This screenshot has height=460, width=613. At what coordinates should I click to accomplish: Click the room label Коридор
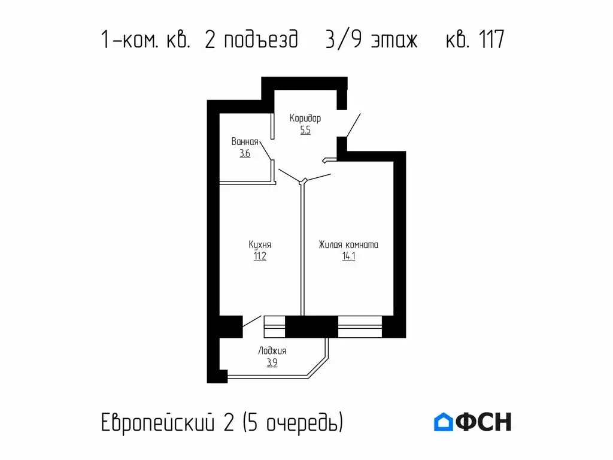coord(305,118)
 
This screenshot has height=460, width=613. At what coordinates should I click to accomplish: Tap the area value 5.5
coord(305,130)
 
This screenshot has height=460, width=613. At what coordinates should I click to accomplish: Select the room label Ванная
coord(245,142)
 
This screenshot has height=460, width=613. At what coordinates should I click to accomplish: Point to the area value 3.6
coord(245,154)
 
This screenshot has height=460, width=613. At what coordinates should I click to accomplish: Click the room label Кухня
coord(260,245)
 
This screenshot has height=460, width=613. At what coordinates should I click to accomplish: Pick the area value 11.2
coord(260,257)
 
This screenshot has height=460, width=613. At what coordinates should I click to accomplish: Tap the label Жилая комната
coord(348,245)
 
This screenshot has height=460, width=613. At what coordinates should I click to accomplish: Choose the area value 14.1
coord(348,257)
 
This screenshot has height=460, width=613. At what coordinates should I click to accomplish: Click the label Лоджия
coord(272,352)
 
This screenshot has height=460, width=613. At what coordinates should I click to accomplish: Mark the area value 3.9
coord(272,363)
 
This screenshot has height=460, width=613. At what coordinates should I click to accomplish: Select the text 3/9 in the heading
coord(341,40)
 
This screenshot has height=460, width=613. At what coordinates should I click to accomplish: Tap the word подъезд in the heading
coord(260,41)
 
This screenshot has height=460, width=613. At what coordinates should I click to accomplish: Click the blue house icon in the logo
coord(443,422)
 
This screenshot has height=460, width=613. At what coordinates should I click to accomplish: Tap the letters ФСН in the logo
coord(484,422)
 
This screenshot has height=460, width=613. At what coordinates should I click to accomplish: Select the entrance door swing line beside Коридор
coord(353,124)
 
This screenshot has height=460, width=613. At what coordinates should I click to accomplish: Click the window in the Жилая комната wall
coord(360,327)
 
